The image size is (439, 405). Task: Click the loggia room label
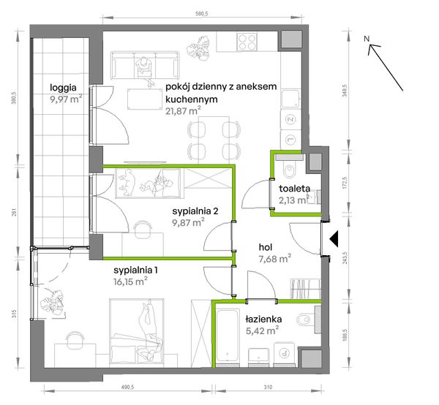(63, 88)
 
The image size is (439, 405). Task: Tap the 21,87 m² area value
(183, 111)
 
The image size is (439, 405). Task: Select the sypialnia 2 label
(195, 211)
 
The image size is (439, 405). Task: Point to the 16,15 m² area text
(130, 281)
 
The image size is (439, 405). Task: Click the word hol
(266, 247)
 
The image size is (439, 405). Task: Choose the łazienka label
(263, 319)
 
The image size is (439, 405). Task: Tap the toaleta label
(294, 189)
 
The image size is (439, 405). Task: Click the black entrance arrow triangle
(334, 239)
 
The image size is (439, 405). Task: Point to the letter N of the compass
(367, 39)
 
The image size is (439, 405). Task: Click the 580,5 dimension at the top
(203, 14)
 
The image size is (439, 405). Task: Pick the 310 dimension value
(268, 387)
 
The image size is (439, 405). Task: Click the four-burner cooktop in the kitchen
(247, 42)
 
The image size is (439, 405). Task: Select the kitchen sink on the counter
(290, 99)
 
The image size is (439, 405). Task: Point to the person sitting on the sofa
(145, 67)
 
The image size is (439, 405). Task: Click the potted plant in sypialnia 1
(53, 304)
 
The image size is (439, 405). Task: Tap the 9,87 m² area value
(189, 223)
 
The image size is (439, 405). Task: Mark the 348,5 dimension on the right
(345, 91)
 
